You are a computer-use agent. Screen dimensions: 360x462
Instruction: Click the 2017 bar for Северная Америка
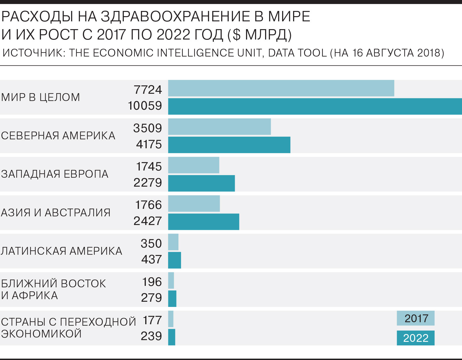[219, 127]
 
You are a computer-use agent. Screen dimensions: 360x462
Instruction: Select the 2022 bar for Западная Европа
[201, 183]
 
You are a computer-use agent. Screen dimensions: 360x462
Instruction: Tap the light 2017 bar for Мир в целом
[281, 88]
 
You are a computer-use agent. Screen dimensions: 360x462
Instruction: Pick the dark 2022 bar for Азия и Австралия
[204, 222]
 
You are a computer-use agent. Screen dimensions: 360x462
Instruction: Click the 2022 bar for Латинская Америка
[174, 260]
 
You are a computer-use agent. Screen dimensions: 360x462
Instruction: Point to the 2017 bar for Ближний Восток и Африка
[171, 280]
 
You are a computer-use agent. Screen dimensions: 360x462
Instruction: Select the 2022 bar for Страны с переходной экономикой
[172, 337]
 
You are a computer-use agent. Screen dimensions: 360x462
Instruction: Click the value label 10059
[145, 106]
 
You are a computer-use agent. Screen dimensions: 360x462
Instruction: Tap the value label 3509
[148, 128]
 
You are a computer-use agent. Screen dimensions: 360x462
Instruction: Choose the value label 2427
[148, 221]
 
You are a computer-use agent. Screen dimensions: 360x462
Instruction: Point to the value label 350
[151, 243]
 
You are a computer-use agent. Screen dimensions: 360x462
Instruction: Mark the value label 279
[151, 298]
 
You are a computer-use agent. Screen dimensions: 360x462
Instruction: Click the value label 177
[152, 320]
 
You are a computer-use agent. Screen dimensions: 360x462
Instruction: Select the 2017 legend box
[416, 318]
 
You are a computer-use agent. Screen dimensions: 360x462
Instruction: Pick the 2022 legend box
[416, 338]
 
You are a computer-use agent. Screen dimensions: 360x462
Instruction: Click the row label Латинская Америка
[62, 251]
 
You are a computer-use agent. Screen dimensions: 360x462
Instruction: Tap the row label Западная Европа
[55, 174]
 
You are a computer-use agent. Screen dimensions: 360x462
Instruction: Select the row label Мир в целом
[40, 97]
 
